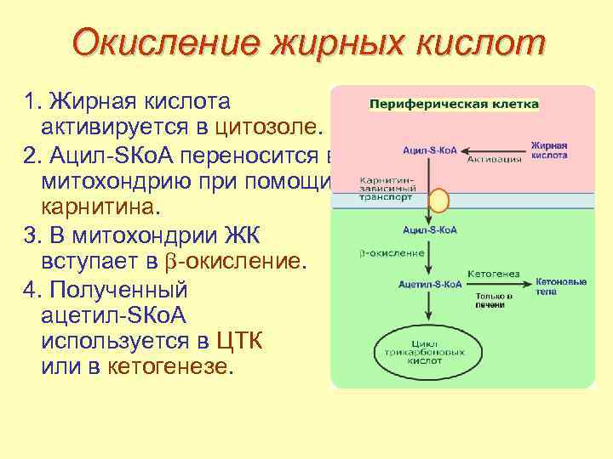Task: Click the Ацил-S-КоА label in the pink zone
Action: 430,150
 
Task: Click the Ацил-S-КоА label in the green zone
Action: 430,229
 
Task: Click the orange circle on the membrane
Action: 438,200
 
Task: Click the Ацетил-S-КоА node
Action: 430,282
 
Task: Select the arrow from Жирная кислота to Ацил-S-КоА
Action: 494,150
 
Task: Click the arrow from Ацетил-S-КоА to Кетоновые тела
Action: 498,282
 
